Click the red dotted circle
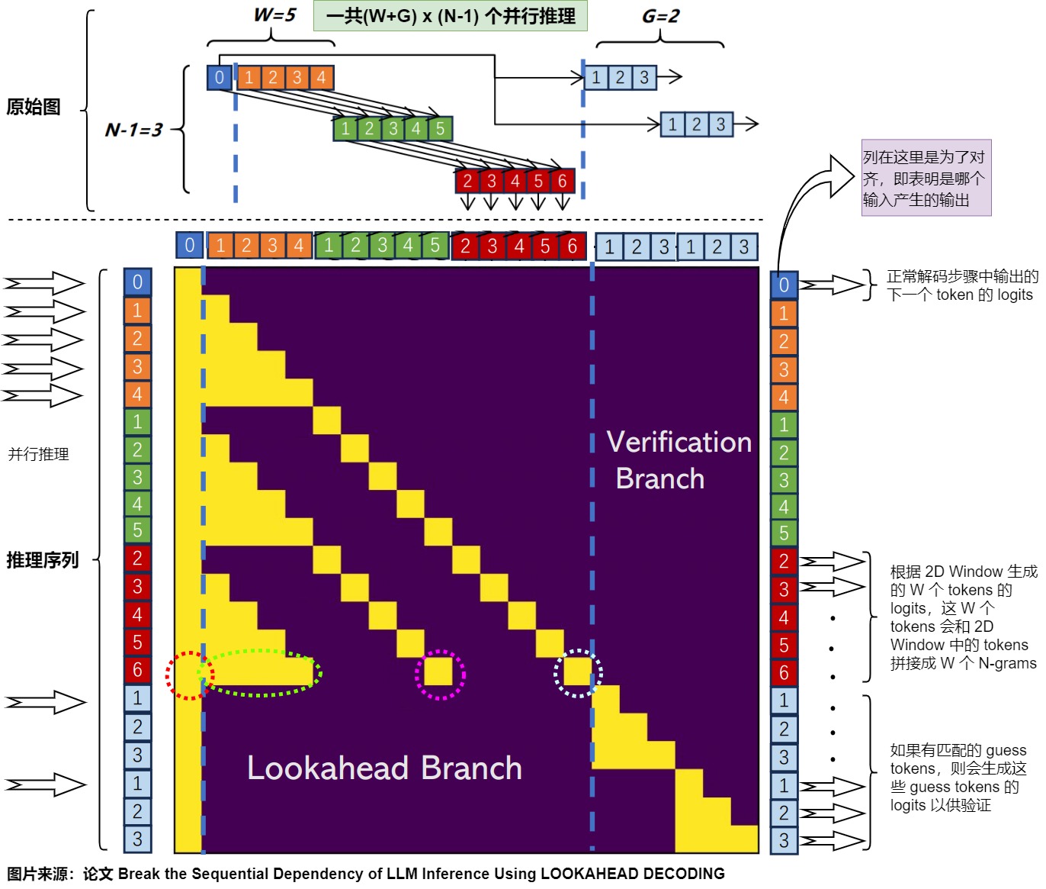190,675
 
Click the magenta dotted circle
440,675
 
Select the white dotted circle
578,673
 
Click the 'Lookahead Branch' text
384,768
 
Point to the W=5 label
274,14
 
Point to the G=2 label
660,16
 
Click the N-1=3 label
133,130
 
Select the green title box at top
451,16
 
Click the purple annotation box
926,178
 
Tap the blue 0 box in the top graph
220,77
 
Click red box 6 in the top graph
562,181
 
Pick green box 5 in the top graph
440,128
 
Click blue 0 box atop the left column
137,282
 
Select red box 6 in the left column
137,669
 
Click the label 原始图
34,107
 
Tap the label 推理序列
43,560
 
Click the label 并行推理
38,454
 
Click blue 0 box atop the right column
784,285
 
